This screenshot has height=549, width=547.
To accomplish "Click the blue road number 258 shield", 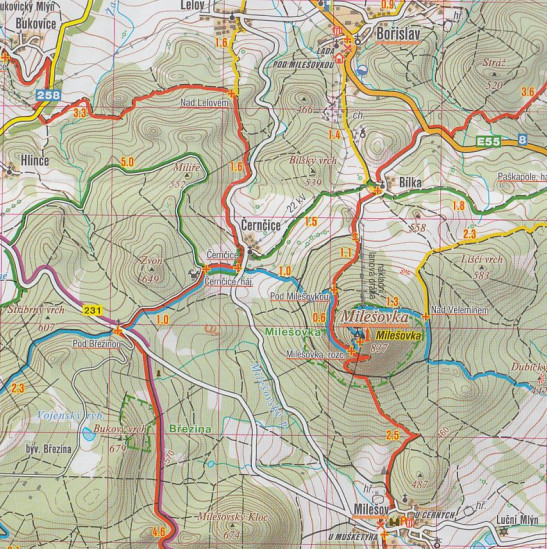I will click(x=46, y=94).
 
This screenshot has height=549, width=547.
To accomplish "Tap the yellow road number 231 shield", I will click(x=93, y=310).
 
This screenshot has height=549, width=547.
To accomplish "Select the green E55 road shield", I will click(x=488, y=141).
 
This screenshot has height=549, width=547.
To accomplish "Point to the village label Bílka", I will click(x=410, y=182).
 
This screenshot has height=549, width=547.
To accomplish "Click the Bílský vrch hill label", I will click(x=310, y=160).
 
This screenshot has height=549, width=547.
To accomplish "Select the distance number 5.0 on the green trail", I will click(x=126, y=162).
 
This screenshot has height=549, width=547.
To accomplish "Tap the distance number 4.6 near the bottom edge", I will click(x=158, y=531).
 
